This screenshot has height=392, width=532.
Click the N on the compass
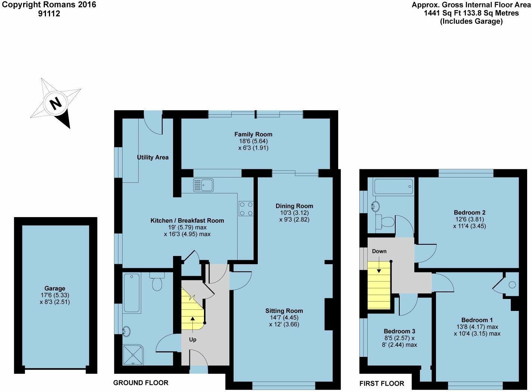pyautogui.click(x=56, y=104)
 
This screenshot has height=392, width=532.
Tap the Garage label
pyautogui.click(x=55, y=288)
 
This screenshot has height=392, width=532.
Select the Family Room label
pyautogui.click(x=253, y=135)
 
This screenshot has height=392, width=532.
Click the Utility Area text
pyautogui.click(x=153, y=157)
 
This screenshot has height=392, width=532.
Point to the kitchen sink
pyautogui.click(x=204, y=185)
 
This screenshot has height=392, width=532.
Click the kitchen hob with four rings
pyautogui.click(x=246, y=209)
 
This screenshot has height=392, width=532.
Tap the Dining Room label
pyautogui.click(x=294, y=206)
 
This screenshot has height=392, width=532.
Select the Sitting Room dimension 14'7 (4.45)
pyautogui.click(x=284, y=317)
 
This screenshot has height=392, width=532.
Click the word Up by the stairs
pyautogui.click(x=193, y=340)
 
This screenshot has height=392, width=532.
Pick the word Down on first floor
pyautogui.click(x=379, y=251)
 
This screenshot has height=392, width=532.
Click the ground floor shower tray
pyautogui.click(x=133, y=355)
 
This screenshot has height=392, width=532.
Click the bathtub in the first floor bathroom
pyautogui.click(x=393, y=186)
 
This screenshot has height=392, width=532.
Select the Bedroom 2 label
pyautogui.click(x=470, y=212)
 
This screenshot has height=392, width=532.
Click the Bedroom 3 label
pyautogui.click(x=399, y=331)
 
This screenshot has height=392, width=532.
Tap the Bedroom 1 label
pyautogui.click(x=477, y=320)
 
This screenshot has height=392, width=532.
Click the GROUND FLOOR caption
pyautogui.click(x=141, y=383)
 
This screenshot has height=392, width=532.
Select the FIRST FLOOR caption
pyautogui.click(x=382, y=383)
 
